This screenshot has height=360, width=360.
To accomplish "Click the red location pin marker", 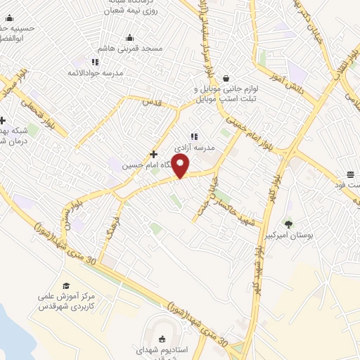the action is point(181,167).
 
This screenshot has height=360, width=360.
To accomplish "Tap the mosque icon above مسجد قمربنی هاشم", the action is point(129,38).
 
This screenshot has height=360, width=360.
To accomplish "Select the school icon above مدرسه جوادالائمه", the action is point(95,63).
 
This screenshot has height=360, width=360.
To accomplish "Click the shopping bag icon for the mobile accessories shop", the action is point(226,79).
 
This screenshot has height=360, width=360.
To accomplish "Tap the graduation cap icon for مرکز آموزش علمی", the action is point(66,285).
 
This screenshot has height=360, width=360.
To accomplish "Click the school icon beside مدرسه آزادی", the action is point(194,137).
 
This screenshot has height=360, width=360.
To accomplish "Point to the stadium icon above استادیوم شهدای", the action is point(164,339).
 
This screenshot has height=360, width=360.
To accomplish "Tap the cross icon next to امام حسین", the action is point(153,154).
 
